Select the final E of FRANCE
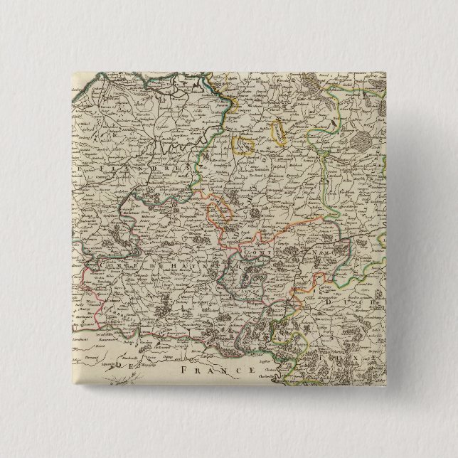[250, 371]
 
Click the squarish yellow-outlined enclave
[244, 144]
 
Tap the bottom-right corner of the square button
[386, 387]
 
